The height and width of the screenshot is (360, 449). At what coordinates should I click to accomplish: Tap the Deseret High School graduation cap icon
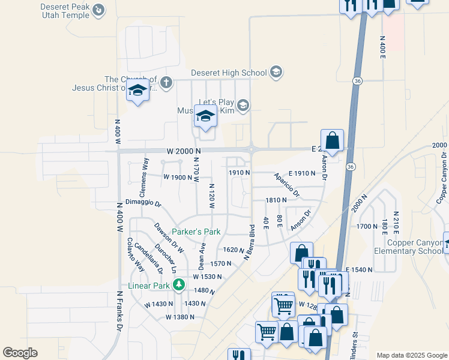click(276, 73)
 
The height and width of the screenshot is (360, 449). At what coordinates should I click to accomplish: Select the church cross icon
click(166, 82)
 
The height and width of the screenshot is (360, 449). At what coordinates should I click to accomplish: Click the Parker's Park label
click(196, 232)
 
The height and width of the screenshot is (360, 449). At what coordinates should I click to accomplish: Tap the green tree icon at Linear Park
click(178, 284)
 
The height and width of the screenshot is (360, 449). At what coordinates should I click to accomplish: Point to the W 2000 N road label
click(183, 151)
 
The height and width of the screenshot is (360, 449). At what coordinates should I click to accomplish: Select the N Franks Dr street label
click(119, 311)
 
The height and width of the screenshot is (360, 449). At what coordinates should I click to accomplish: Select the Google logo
click(20, 352)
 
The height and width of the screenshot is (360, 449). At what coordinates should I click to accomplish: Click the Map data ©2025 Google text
click(412, 355)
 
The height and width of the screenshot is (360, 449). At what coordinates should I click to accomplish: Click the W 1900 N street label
click(178, 178)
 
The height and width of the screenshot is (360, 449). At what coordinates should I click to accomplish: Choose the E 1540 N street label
click(361, 271)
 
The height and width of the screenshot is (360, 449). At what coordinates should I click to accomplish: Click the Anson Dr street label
click(301, 220)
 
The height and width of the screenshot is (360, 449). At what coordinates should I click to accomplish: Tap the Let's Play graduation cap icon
click(243, 106)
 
